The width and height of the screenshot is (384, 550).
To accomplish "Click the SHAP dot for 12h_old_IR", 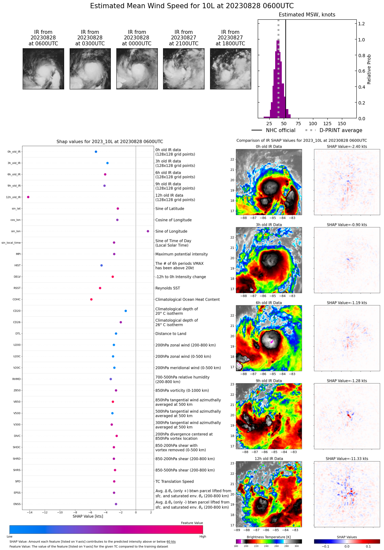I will (28, 197).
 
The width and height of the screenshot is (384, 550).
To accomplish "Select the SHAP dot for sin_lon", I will (148, 231).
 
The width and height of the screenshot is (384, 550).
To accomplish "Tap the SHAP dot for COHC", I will (91, 299).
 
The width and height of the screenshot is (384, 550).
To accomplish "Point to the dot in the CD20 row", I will (126, 311).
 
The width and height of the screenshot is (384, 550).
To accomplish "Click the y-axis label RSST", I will (17, 288).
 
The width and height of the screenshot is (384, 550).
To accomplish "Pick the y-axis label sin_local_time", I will (11, 243).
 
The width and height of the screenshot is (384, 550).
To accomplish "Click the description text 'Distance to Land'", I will (171, 333).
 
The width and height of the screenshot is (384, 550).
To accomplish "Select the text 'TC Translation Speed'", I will (174, 481).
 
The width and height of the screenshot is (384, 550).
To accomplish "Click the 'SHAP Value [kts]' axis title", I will (88, 516).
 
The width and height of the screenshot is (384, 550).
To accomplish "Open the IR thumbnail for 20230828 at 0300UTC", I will (90, 69).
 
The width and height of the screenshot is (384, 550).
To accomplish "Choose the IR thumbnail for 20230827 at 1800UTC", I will (230, 69).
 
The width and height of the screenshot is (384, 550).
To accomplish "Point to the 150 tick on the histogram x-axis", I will (342, 124).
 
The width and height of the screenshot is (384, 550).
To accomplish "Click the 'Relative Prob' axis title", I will (369, 69).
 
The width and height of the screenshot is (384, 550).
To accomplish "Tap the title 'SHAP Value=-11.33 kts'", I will (347, 459).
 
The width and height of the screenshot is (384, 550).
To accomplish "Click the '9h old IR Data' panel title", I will (269, 381).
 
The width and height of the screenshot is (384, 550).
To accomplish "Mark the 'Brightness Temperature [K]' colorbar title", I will (269, 537).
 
